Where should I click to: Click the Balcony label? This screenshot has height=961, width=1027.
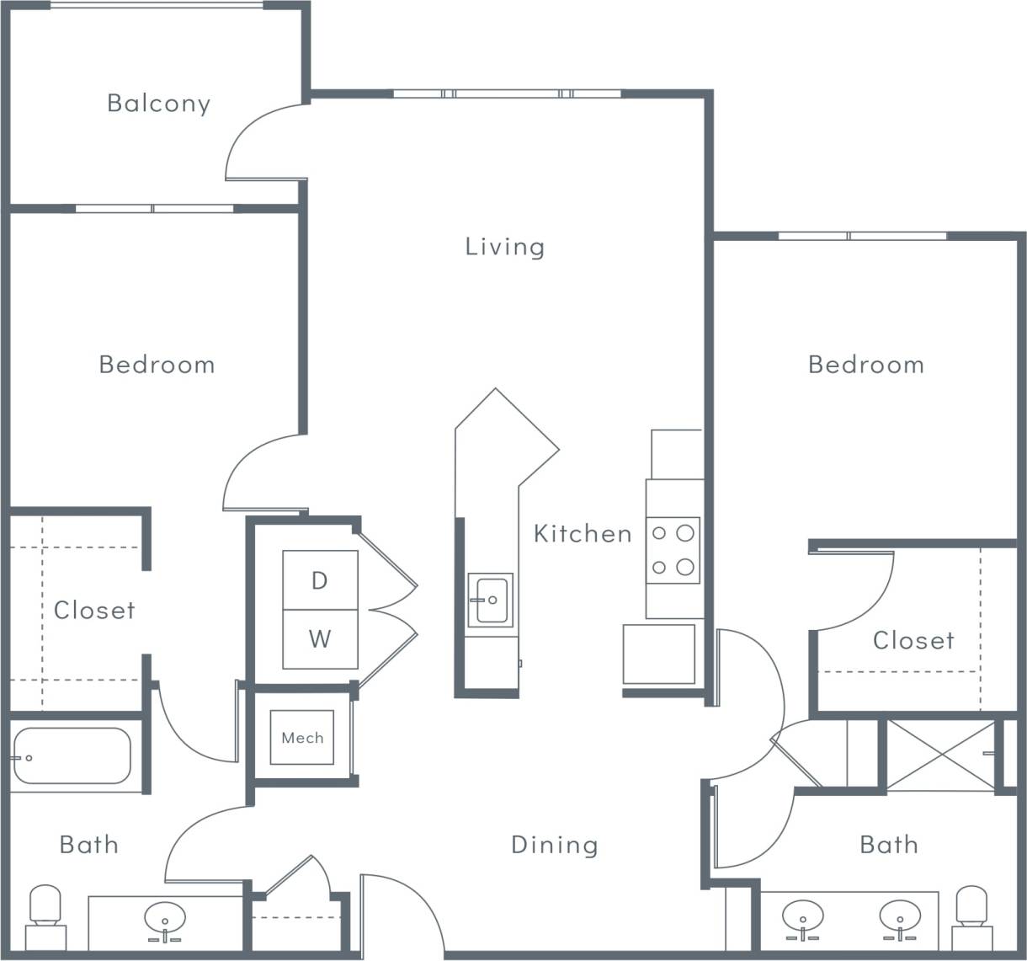(158, 103)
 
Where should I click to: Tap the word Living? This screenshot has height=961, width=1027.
(505, 246)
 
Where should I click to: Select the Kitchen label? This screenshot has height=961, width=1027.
(583, 533)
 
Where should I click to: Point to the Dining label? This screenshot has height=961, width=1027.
(555, 844)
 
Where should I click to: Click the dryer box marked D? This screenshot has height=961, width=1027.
(320, 580)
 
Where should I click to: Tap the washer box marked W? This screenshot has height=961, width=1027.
(320, 639)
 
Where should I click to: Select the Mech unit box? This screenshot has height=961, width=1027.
(302, 738)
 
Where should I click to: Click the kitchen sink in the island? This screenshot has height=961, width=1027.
(491, 601)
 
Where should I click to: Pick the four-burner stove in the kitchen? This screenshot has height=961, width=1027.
(673, 550)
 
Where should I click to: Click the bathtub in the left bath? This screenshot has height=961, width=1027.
(72, 756)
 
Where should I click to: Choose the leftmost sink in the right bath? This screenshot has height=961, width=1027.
(802, 917)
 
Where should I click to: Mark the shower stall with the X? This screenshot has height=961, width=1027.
(941, 755)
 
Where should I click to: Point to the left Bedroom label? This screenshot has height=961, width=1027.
(157, 364)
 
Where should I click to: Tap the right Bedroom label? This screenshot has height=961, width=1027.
(866, 364)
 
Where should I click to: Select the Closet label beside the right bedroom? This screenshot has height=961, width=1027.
(913, 640)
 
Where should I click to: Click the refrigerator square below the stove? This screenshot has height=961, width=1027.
(659, 654)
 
